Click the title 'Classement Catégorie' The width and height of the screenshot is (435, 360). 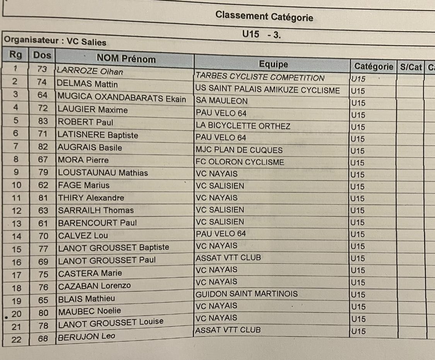[x=264, y=17]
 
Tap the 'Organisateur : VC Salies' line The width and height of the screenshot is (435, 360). [x=55, y=42]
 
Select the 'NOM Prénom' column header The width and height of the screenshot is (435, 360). [x=126, y=59]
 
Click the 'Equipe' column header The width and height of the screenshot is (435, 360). [x=273, y=64]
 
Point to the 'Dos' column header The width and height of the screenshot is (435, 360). [x=42, y=55]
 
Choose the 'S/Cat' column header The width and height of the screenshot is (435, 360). [x=411, y=67]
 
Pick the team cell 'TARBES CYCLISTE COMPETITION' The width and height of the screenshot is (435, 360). [x=260, y=78]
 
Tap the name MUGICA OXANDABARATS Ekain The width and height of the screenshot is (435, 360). [x=121, y=98]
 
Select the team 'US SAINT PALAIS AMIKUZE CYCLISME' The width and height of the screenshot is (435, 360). [x=268, y=90]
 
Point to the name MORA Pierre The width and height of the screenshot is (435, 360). [x=83, y=160]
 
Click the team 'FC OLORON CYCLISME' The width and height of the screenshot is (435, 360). [x=240, y=162]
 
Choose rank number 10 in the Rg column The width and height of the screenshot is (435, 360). [x=17, y=185]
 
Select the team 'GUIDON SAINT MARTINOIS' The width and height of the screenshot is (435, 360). [x=247, y=294]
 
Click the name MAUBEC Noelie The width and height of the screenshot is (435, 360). [x=89, y=311]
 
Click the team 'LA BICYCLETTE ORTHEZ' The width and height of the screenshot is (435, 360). [x=243, y=126]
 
